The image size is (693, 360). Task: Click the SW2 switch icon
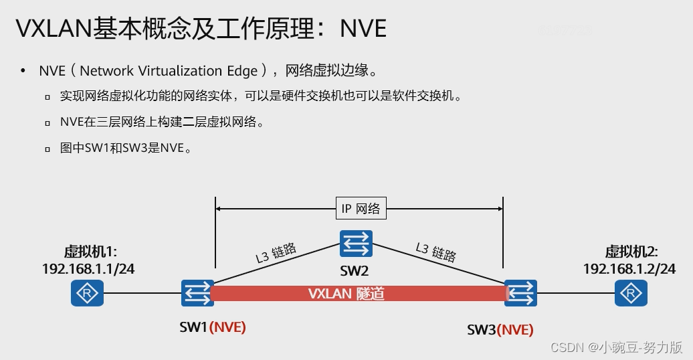355,244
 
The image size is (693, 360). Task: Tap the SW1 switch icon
197,293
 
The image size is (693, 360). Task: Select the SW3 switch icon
520,293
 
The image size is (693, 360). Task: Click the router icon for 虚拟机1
87,293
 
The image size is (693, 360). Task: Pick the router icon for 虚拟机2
629,293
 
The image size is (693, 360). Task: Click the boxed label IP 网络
360,208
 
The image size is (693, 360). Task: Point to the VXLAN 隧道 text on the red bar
346,294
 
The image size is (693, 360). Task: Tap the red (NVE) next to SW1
227,328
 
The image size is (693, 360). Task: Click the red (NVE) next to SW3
516,329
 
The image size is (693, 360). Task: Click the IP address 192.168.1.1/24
88,268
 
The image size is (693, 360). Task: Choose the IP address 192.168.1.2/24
629,268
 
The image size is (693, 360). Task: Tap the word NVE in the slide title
363,28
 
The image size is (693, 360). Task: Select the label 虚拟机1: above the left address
90,252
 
